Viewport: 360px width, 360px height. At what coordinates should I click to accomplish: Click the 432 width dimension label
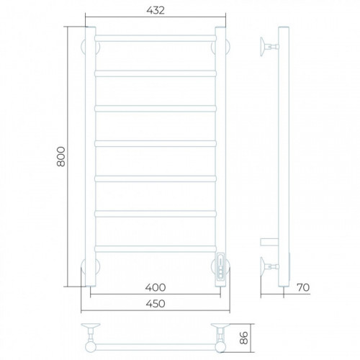point(156,11)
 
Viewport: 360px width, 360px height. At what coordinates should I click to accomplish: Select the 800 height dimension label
point(61,156)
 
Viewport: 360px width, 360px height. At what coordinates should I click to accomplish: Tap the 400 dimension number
point(156,287)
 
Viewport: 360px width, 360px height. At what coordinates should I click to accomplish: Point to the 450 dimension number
point(156,304)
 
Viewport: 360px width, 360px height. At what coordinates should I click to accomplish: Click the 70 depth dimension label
point(303,287)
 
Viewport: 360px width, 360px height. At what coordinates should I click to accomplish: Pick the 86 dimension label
point(244,338)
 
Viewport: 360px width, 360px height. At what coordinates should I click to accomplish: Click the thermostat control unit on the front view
point(220,266)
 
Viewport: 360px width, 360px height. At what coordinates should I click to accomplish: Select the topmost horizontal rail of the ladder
point(156,38)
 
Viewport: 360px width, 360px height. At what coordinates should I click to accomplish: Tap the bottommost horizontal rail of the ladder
point(156,248)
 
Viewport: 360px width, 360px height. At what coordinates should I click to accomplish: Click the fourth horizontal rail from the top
point(156,143)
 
